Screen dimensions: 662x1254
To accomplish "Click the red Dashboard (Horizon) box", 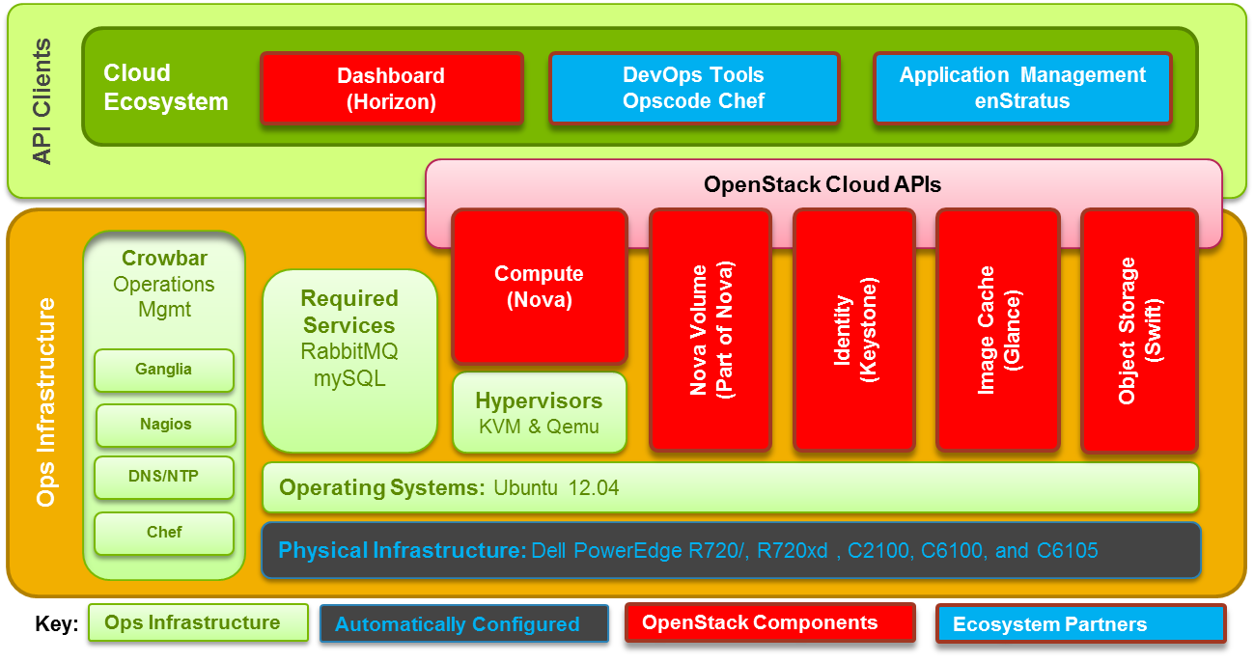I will [x=391, y=89].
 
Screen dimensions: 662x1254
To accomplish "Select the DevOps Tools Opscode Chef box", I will [x=693, y=89].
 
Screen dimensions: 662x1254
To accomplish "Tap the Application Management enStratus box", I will [x=1022, y=89].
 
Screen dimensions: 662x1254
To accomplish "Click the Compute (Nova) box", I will [x=540, y=287].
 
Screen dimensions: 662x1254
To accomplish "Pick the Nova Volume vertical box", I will [x=711, y=330].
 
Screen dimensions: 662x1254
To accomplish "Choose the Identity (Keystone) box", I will [x=853, y=330].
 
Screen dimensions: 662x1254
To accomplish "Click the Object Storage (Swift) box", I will [x=1139, y=330].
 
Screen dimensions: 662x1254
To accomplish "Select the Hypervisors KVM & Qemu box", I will [x=539, y=413].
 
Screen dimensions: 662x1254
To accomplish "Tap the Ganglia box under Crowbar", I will [x=164, y=370].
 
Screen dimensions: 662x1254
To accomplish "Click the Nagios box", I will [x=165, y=425].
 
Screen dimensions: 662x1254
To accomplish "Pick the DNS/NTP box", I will [x=165, y=477].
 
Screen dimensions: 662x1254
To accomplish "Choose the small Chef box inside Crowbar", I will [x=164, y=533].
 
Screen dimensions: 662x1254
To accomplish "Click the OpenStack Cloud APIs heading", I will [x=822, y=183].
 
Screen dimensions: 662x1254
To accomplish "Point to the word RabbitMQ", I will [x=349, y=352].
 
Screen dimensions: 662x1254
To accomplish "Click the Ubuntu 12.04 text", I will [x=556, y=488].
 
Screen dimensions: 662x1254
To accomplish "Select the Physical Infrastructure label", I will [x=402, y=551].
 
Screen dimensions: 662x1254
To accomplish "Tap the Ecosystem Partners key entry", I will [x=1049, y=624].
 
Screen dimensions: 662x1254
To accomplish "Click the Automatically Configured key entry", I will [x=458, y=624].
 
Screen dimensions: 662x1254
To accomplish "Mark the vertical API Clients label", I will [x=42, y=101].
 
